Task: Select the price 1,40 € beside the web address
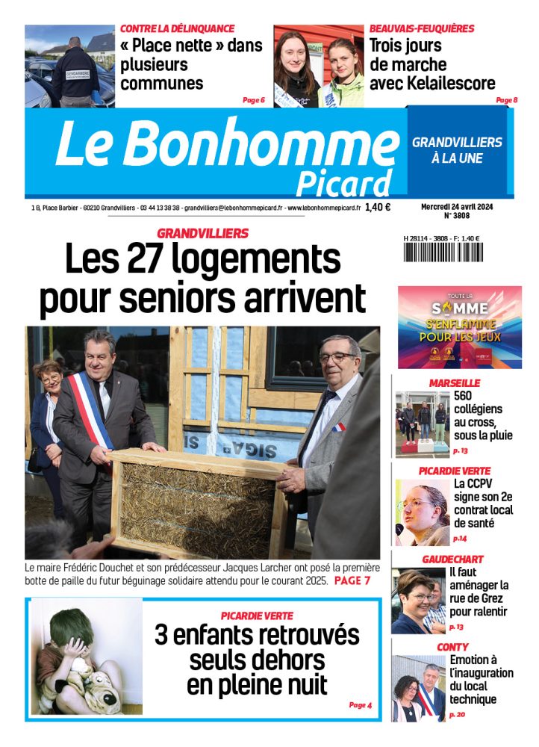(x=378, y=208)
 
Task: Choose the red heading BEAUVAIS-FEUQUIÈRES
(x=422, y=28)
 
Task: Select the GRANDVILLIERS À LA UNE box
(x=457, y=150)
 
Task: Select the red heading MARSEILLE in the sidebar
(x=454, y=382)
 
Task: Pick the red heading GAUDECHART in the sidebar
(x=452, y=559)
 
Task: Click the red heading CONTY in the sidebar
(x=452, y=646)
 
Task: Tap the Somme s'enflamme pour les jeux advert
(x=459, y=326)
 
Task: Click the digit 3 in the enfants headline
(x=162, y=636)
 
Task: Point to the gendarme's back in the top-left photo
(x=75, y=75)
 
